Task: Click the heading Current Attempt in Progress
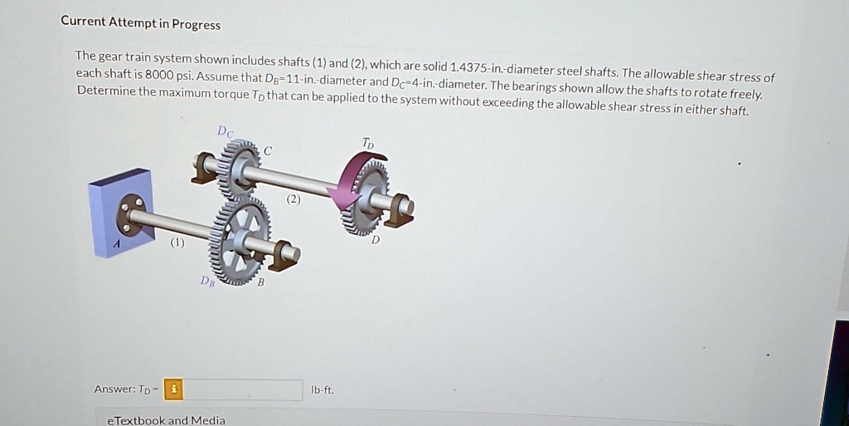pos(140,24)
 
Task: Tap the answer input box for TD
pos(243,389)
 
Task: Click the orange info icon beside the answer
pos(173,389)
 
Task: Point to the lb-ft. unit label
pos(323,389)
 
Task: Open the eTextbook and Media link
pos(166,420)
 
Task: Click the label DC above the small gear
pos(225,131)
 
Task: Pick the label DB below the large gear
pos(206,281)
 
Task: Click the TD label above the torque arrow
pos(368,144)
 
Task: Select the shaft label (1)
pos(177,243)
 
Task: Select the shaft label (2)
pos(294,199)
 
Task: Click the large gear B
pos(240,241)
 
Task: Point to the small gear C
pos(240,166)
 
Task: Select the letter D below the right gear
pos(375,240)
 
